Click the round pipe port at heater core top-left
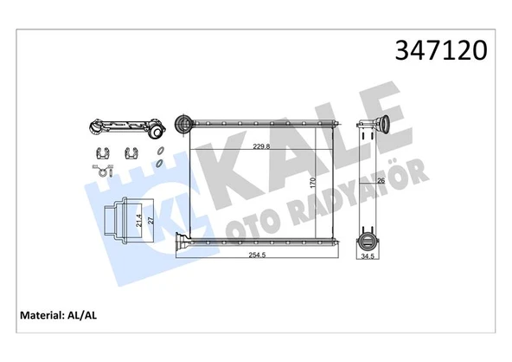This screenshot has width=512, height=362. click(183, 124)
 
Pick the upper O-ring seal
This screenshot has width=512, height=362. click(160, 152)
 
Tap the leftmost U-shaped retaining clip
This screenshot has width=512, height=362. click(101, 155)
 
